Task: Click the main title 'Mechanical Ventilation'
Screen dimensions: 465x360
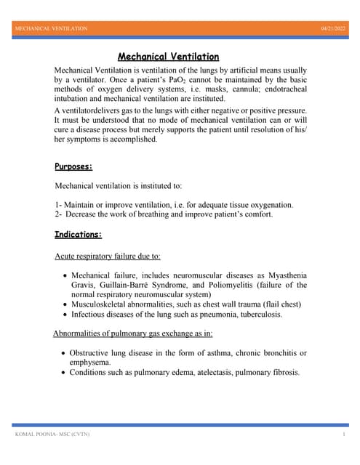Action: tap(168, 57)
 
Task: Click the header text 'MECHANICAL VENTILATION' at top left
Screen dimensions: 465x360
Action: tap(52, 28)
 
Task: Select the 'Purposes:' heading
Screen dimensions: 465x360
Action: tap(73, 166)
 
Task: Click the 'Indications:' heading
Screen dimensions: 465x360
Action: tap(79, 235)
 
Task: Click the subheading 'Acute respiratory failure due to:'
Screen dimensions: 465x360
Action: tap(108, 256)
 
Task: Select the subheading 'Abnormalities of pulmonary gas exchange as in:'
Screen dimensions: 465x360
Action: tap(133, 333)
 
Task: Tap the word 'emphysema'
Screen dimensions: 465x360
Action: tap(90, 362)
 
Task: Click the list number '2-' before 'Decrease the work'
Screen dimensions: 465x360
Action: tap(59, 214)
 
